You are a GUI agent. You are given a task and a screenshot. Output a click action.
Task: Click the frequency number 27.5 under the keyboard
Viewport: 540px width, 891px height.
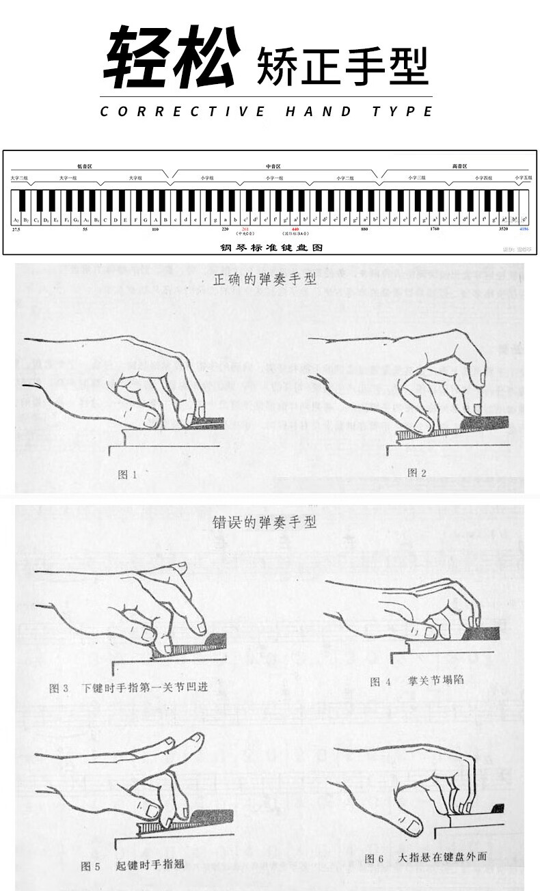[16, 230]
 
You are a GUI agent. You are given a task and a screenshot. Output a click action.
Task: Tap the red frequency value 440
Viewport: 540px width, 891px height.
[295, 230]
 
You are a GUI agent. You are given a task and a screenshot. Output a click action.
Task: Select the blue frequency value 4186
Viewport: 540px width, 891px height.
[524, 230]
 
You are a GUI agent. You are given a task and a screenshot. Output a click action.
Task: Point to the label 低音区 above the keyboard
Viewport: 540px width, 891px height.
[85, 166]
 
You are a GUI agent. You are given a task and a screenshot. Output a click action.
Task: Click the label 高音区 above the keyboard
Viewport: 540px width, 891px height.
[460, 166]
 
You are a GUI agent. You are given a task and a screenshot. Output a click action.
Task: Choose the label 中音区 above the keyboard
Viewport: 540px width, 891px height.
[273, 166]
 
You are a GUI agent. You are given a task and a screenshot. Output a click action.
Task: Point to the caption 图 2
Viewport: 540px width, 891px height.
[416, 472]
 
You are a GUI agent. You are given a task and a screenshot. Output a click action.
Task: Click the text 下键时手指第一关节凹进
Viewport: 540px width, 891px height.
[144, 688]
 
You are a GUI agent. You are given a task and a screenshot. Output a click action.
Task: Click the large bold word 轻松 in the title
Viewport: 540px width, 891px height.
[173, 58]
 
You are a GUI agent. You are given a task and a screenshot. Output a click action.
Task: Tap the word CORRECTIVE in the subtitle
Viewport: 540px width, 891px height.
[183, 111]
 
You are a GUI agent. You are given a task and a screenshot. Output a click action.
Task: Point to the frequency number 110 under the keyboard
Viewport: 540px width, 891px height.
[155, 230]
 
